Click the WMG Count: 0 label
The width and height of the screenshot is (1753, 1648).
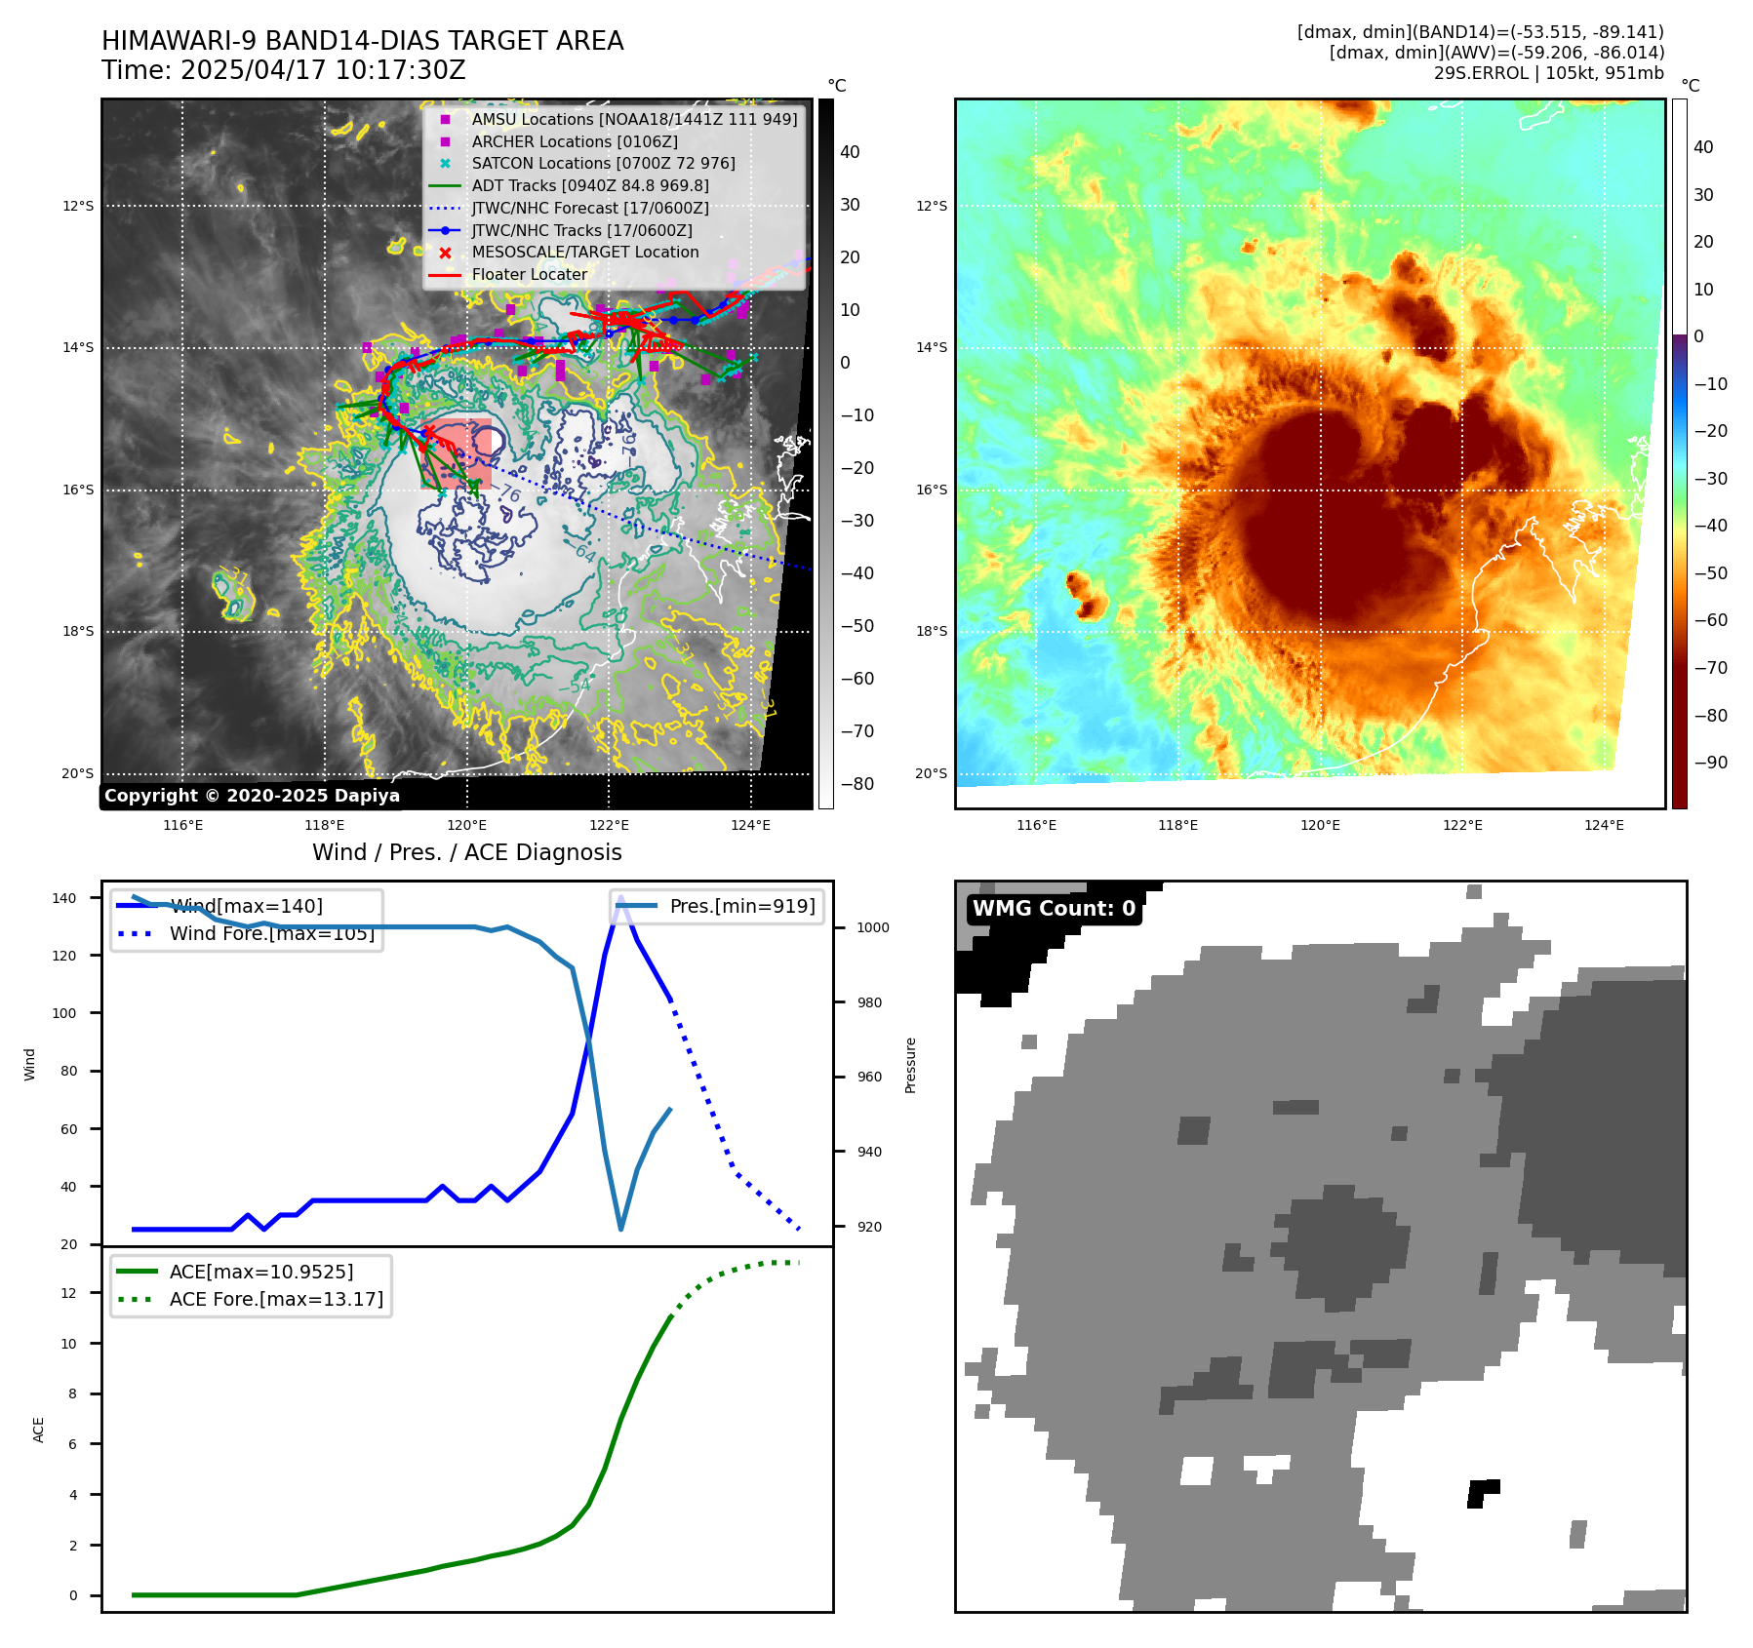[1054, 909]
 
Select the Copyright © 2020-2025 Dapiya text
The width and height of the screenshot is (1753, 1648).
[252, 796]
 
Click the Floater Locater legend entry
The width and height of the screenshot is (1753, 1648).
[530, 275]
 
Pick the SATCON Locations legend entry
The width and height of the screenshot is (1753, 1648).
[603, 164]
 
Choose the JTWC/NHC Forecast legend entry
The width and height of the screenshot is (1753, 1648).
[590, 209]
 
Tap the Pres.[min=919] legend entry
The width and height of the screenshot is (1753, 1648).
[741, 906]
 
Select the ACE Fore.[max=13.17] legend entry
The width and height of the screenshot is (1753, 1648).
[276, 1299]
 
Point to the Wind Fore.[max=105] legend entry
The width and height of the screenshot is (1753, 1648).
[272, 933]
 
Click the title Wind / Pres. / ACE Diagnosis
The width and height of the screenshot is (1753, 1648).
[466, 852]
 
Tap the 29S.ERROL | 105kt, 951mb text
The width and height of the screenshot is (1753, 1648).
[1548, 73]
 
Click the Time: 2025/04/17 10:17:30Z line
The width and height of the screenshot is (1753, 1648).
[284, 71]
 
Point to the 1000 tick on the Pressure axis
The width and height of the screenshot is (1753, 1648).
[872, 928]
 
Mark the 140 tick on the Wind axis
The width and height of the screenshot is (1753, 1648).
[63, 898]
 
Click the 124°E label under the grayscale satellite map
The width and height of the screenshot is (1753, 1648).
[750, 826]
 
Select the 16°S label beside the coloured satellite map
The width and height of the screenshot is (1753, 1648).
[931, 490]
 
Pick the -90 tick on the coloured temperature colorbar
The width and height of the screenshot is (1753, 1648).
[1710, 763]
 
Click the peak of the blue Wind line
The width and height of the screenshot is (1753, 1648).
[620, 896]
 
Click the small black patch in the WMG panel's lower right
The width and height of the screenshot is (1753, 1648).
[1483, 1492]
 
